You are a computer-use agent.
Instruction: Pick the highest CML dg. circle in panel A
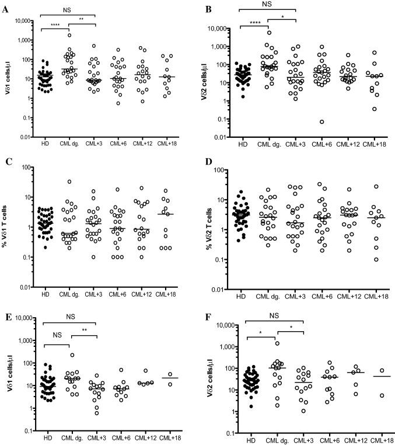click(x=69, y=35)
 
